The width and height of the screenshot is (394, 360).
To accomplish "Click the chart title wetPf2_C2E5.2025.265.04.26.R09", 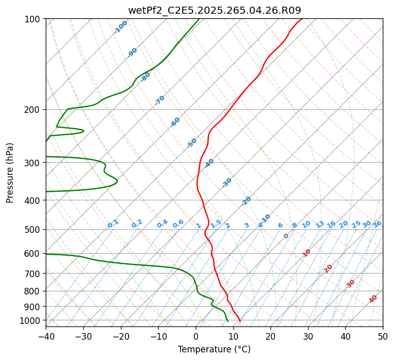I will click(x=214, y=10).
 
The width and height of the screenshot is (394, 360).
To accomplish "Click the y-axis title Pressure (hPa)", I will click(x=10, y=173).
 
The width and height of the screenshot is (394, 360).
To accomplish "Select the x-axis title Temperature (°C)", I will click(x=214, y=350).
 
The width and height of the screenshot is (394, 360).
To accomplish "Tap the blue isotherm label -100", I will click(x=120, y=27).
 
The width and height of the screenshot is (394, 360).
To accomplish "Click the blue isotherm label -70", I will click(x=160, y=100).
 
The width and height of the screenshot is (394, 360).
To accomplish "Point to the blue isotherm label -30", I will click(x=227, y=183).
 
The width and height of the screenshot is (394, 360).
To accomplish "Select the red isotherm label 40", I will click(x=373, y=299).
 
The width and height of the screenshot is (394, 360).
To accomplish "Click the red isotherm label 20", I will click(x=328, y=268).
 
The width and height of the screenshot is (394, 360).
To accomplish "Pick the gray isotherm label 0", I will click(x=286, y=236).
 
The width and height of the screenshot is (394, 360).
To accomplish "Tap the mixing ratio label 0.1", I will click(x=113, y=224).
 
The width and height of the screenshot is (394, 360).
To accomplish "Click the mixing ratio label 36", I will click(x=377, y=224).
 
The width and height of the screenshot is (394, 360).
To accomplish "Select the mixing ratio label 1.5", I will click(x=216, y=223).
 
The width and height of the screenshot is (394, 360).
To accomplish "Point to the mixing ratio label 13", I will click(x=320, y=224).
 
